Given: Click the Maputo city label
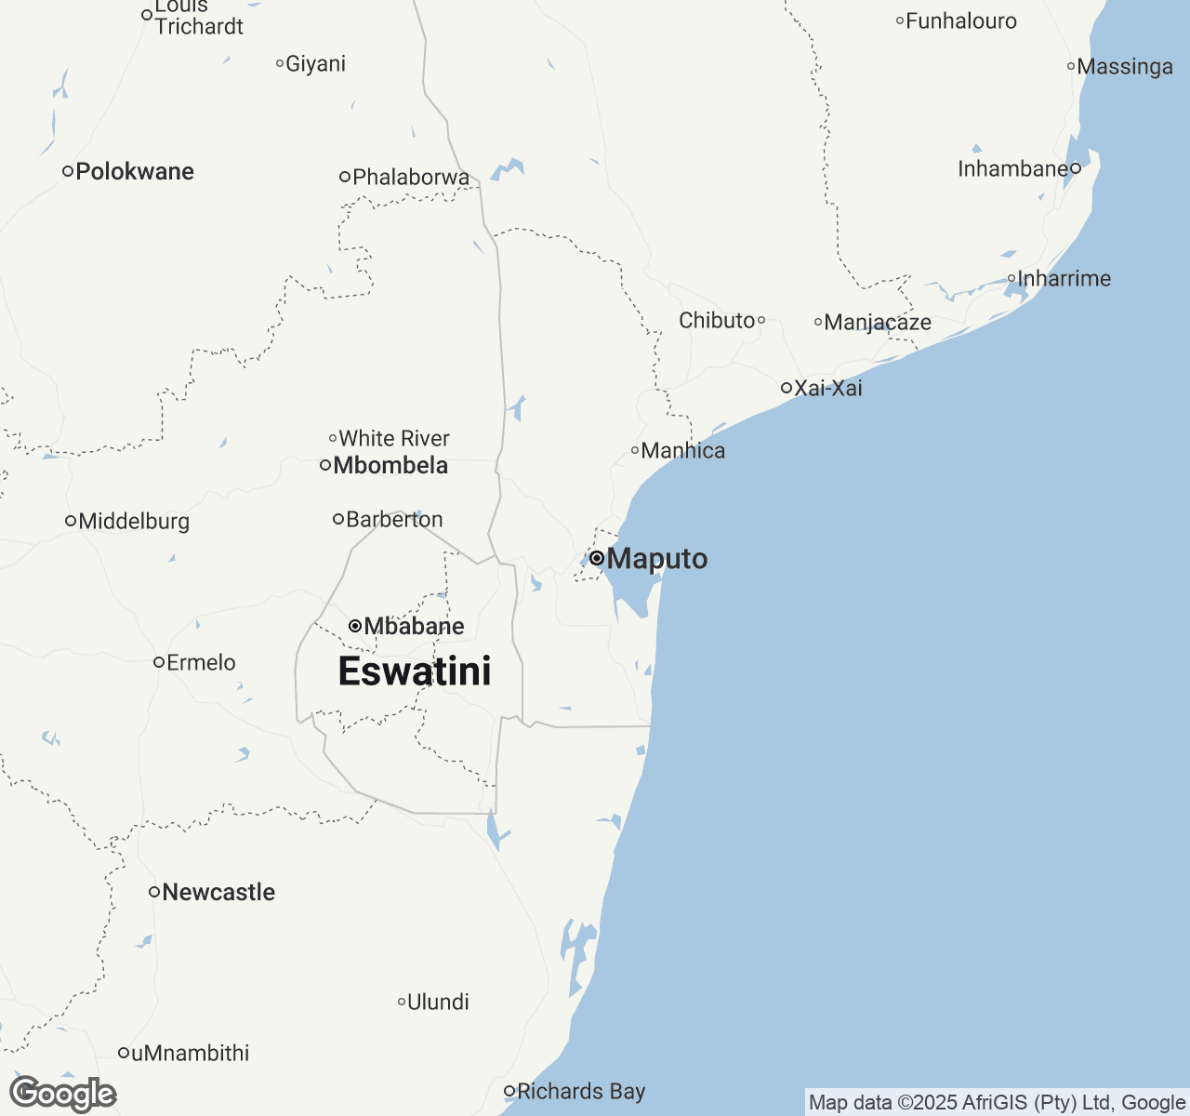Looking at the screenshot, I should (x=656, y=559).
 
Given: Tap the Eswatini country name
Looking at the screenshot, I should (x=415, y=671).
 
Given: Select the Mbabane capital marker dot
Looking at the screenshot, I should (x=355, y=626).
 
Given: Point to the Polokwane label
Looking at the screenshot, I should (x=135, y=171).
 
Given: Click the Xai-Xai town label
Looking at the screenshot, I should (x=827, y=388).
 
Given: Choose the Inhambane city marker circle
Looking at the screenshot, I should (x=1076, y=168).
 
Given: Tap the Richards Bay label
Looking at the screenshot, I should (x=581, y=1091).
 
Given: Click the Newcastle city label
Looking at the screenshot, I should (x=218, y=892).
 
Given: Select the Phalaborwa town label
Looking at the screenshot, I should (x=411, y=177).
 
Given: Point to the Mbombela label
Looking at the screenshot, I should (x=390, y=465).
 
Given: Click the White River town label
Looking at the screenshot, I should (x=394, y=438).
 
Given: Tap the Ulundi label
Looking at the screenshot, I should (x=438, y=1002).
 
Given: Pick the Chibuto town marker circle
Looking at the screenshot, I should (x=761, y=320).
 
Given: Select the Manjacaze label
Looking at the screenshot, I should (x=878, y=322).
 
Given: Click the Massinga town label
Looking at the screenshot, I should (x=1125, y=66).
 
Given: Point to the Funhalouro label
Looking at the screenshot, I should (x=961, y=20).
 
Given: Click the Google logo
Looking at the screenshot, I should (x=63, y=1094).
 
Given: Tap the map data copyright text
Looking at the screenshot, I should (x=997, y=1103).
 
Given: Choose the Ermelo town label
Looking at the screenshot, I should (x=201, y=662).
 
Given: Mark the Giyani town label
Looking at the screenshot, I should (x=315, y=63).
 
